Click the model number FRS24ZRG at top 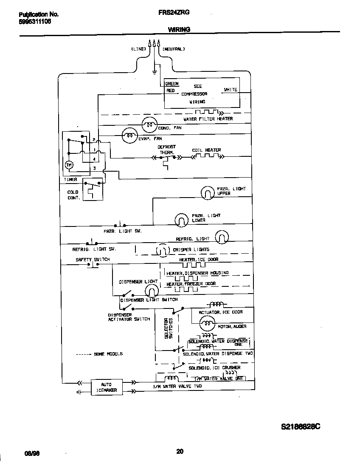(x=179, y=13)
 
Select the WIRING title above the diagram (x=179, y=29)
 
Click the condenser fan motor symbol (x=148, y=123)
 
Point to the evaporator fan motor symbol (x=129, y=136)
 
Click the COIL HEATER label (x=206, y=150)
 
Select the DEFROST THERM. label (x=166, y=150)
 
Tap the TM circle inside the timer (x=69, y=165)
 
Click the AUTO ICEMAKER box (x=106, y=387)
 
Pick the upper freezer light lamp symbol (x=207, y=192)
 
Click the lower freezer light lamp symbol (x=181, y=220)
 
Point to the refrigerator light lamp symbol (x=222, y=238)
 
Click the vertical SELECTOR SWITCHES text (x=169, y=328)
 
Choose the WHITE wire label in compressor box (x=231, y=90)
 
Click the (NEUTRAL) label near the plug (x=173, y=49)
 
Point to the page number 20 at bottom (x=180, y=451)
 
